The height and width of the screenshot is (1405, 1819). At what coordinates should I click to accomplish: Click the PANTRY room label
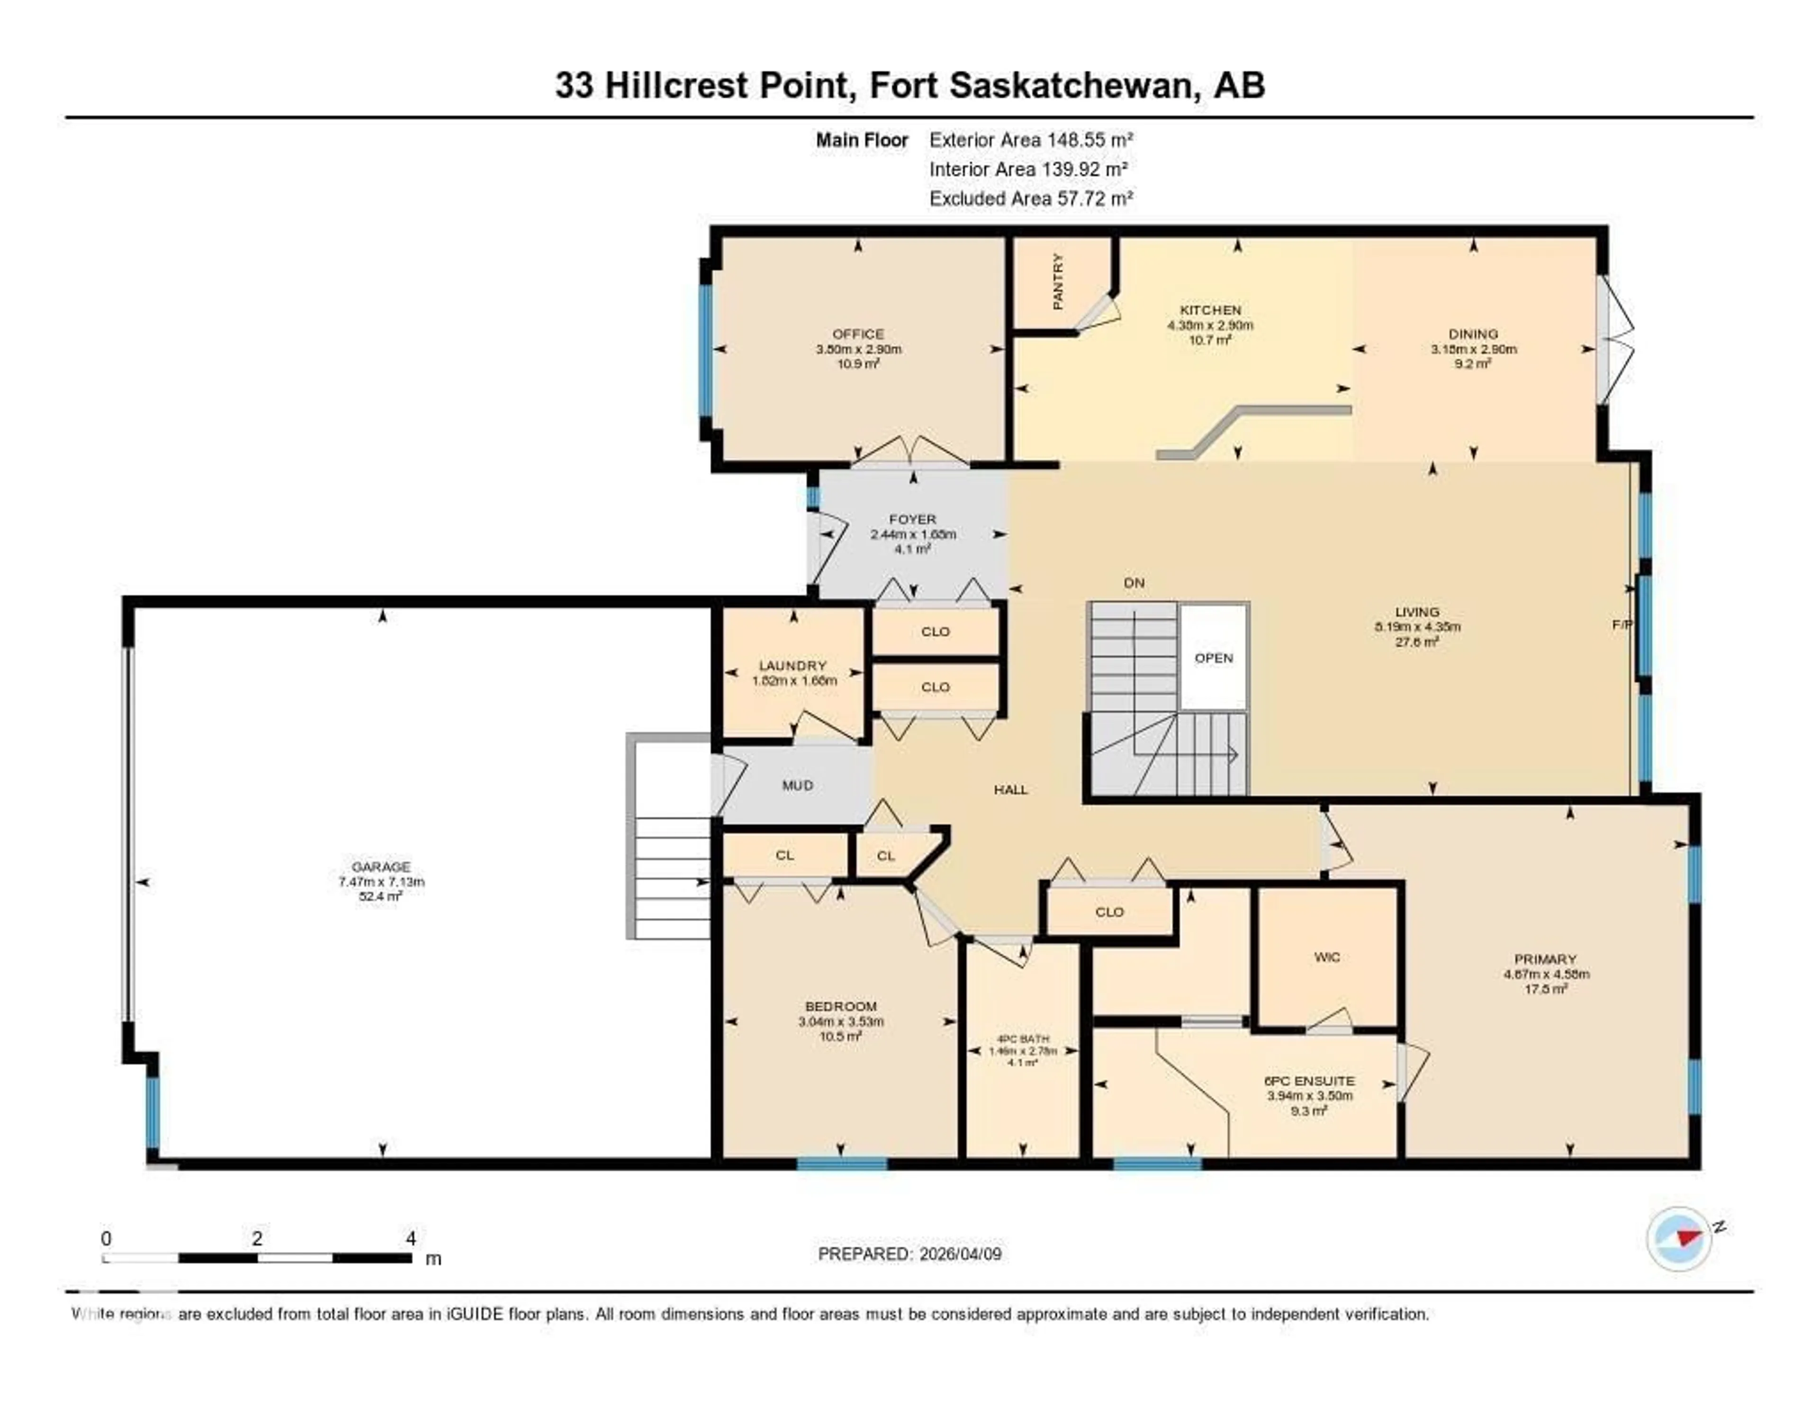(1058, 281)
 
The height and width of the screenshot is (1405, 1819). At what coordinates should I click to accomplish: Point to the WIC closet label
(1327, 957)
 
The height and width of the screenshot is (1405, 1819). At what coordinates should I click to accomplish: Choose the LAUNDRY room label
(792, 666)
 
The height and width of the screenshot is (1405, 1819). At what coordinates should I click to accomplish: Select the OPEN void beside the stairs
(1214, 658)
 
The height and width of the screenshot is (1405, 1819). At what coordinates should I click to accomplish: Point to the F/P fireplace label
(1621, 624)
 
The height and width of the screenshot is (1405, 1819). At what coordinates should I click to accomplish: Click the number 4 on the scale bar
(411, 1238)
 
